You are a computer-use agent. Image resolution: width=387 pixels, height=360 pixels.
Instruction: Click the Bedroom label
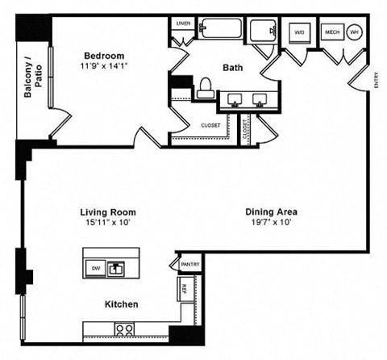[x=104, y=57]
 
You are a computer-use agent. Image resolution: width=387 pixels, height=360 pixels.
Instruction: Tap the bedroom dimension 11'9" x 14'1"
[x=105, y=67]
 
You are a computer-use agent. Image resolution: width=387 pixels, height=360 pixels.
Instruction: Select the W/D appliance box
[x=299, y=33]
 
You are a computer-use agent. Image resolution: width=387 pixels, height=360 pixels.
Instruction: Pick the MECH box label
[x=331, y=33]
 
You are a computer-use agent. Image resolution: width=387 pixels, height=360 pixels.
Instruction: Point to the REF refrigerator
[x=184, y=287]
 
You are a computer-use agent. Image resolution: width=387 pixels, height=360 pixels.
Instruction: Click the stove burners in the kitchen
[x=124, y=329]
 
